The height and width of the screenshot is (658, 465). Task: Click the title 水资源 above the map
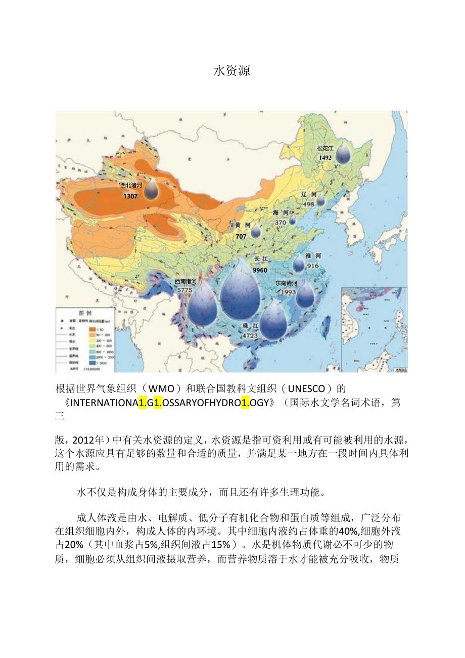(232, 71)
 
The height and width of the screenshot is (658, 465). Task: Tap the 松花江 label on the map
(325, 148)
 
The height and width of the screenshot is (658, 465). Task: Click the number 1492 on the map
(325, 158)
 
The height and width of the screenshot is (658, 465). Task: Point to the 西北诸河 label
(131, 186)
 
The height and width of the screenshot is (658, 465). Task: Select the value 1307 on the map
(130, 196)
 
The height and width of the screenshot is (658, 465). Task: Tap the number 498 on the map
(308, 204)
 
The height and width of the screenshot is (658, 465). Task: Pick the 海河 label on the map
(281, 212)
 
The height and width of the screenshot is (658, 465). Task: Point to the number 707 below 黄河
(241, 236)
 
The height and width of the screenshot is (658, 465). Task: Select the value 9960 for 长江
(260, 270)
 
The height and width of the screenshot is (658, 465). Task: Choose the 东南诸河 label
(286, 283)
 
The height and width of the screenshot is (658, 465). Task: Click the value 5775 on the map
(185, 290)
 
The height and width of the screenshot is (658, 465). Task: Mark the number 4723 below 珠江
(250, 335)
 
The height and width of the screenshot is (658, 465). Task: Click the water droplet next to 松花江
(344, 152)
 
